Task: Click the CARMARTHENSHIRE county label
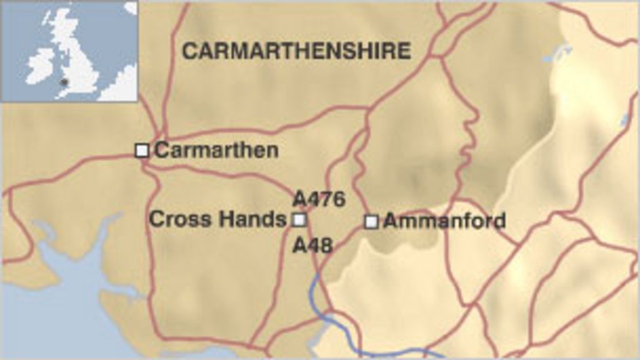click(296, 51)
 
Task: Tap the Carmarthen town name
click(216, 150)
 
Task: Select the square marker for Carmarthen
click(142, 150)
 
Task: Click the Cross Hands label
click(217, 219)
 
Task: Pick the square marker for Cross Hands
click(299, 219)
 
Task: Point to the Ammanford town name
click(444, 221)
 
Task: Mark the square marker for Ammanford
click(371, 221)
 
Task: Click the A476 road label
click(319, 199)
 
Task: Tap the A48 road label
click(312, 245)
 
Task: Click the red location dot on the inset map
click(63, 81)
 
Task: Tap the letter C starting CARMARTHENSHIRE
click(189, 51)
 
